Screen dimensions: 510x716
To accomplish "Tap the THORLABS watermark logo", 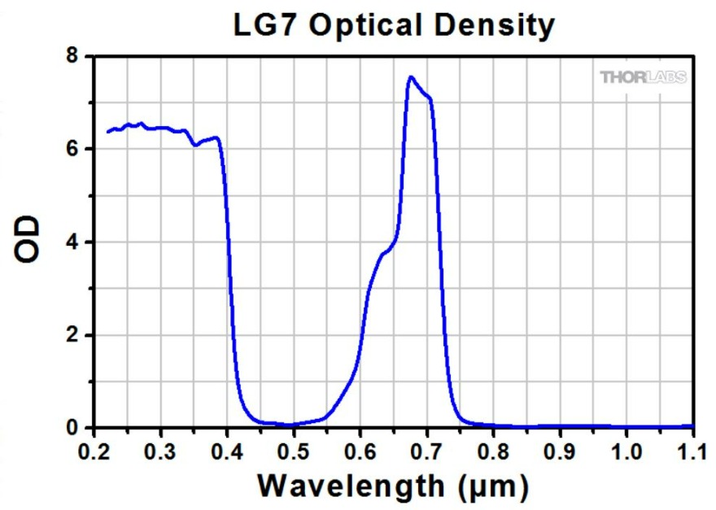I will coord(643,77).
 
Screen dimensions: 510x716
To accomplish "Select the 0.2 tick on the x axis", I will coord(94,450).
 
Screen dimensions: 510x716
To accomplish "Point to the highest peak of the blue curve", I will coord(411,77).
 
